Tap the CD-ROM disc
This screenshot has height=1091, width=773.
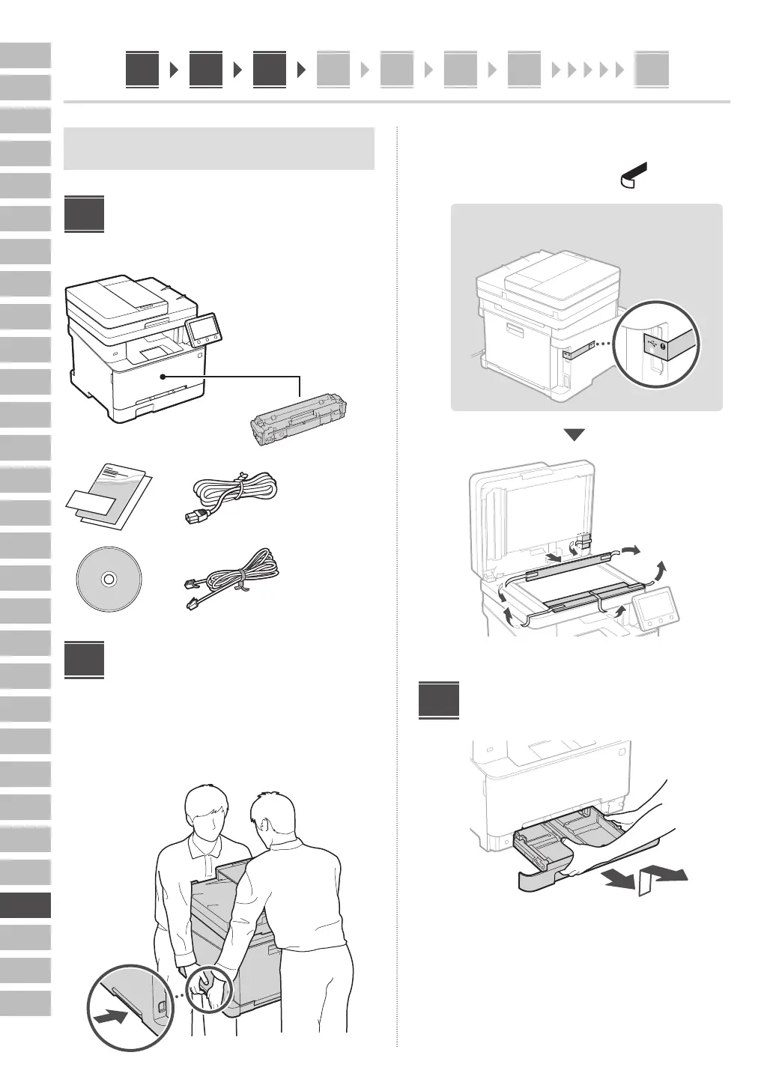click(109, 578)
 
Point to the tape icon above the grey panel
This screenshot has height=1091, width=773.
click(634, 175)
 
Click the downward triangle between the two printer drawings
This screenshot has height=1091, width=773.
click(574, 435)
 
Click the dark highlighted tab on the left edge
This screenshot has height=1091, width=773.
click(25, 905)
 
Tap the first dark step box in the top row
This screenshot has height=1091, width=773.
click(142, 70)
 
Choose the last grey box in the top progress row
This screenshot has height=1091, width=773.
click(652, 70)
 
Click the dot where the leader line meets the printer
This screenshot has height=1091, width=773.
click(162, 377)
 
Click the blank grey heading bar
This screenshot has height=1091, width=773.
click(219, 148)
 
